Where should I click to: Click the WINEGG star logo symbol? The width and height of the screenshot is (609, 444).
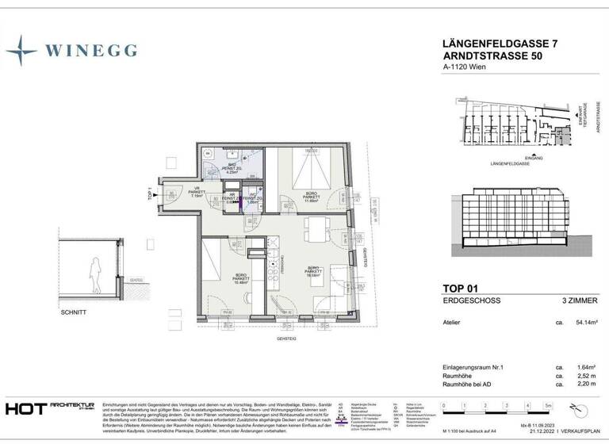coord(21,50)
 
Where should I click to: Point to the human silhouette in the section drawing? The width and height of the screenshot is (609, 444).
coord(95,276)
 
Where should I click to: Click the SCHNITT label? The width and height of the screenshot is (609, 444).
coord(73,313)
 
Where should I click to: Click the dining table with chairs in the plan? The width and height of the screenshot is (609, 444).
coord(316,229)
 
